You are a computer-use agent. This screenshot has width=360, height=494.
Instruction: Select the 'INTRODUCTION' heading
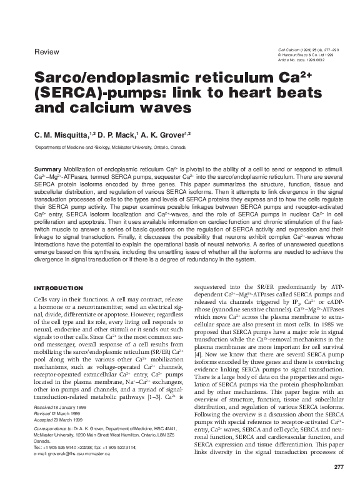coord(58,288)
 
